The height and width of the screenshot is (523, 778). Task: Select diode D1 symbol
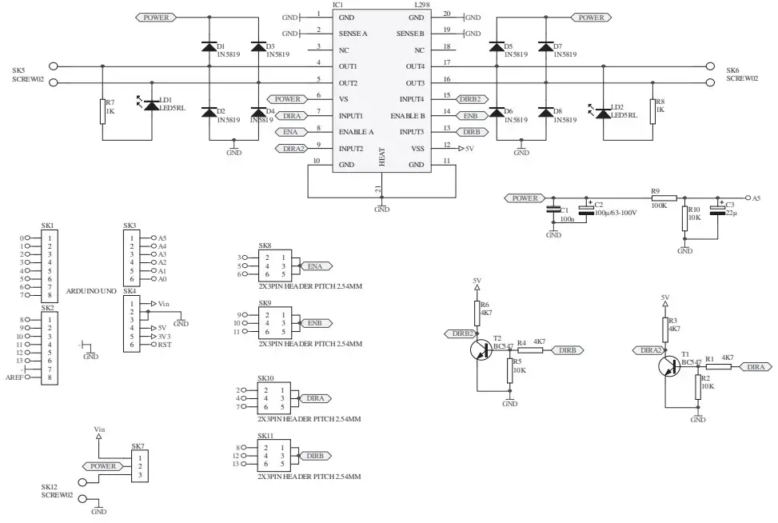click(x=209, y=46)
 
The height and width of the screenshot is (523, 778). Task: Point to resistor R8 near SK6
click(x=652, y=112)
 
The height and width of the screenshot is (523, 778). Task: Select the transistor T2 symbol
click(x=482, y=350)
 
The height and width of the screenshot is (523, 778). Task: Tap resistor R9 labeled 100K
click(x=665, y=198)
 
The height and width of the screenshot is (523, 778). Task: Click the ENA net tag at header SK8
click(x=314, y=265)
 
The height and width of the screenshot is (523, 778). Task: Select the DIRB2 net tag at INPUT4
click(x=470, y=99)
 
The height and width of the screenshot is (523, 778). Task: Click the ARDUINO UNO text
click(x=92, y=290)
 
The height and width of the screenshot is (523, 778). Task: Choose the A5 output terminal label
click(x=756, y=198)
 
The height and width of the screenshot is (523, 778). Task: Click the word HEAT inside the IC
click(x=382, y=156)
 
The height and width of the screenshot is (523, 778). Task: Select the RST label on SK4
click(x=165, y=345)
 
